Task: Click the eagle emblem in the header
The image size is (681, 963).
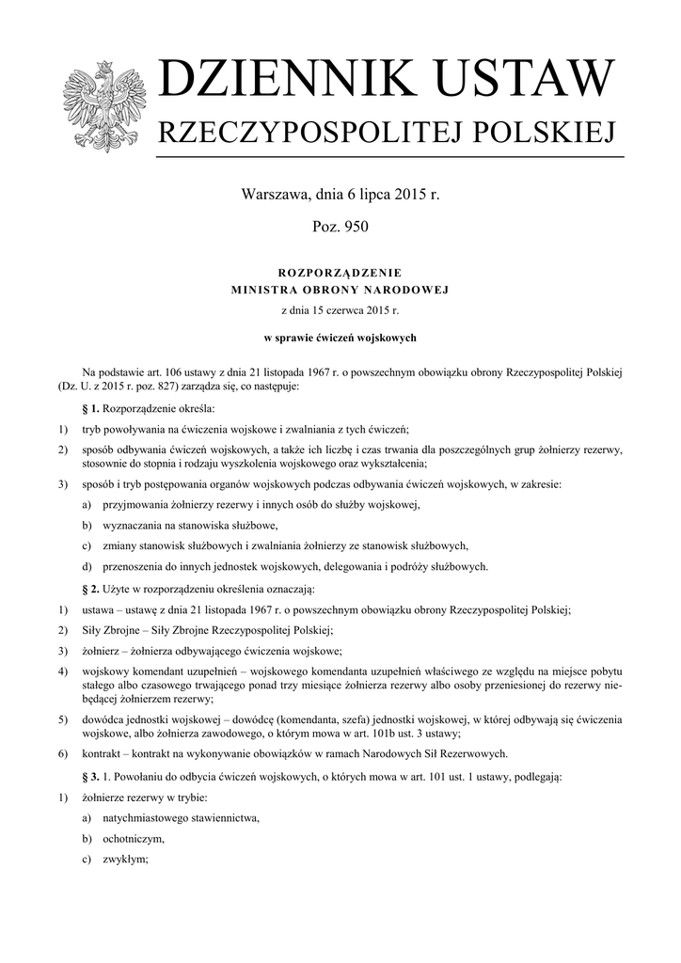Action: pyautogui.click(x=103, y=105)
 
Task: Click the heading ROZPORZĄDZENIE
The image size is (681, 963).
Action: pyautogui.click(x=340, y=272)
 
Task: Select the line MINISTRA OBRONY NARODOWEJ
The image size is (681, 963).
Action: pyautogui.click(x=340, y=290)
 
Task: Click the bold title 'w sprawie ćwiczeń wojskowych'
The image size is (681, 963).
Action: pyautogui.click(x=340, y=338)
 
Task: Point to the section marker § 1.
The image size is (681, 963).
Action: pyautogui.click(x=91, y=410)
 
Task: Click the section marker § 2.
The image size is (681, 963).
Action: pyautogui.click(x=91, y=590)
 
